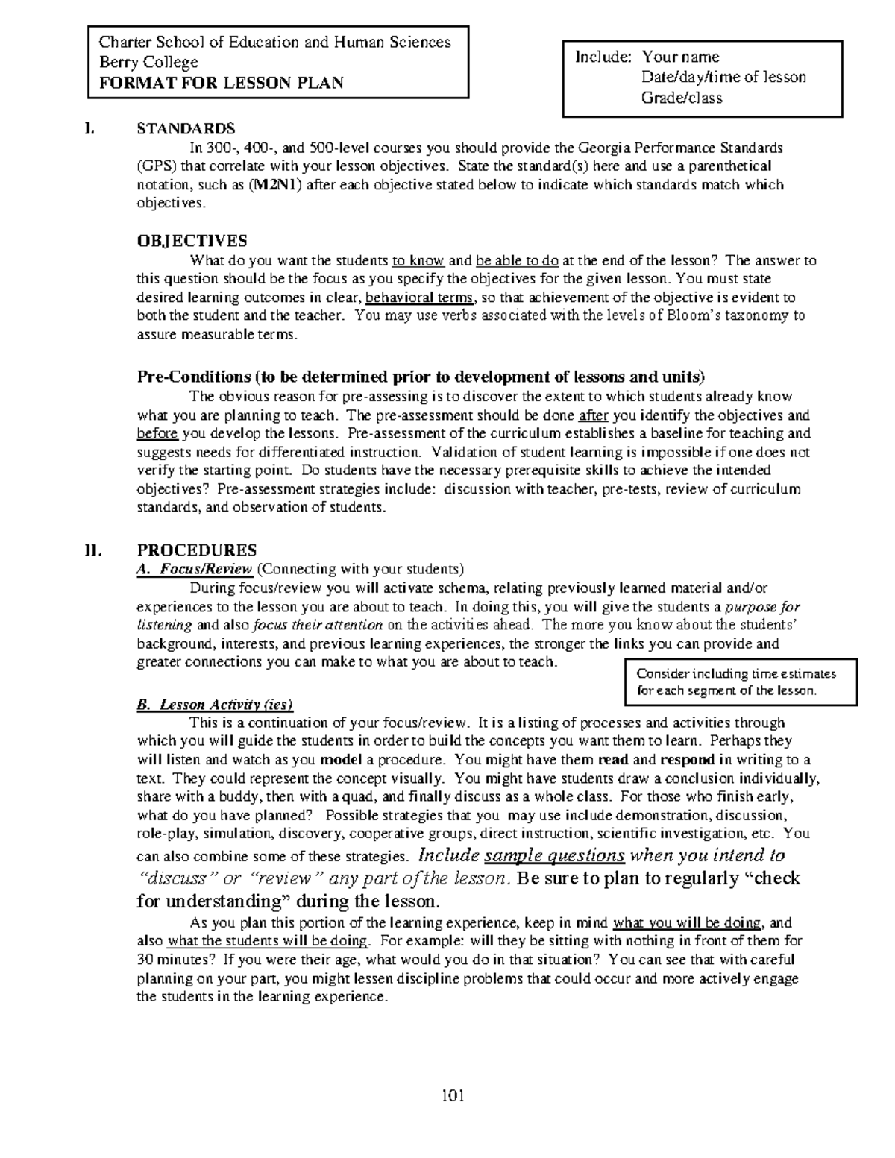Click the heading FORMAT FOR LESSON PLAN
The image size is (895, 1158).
[216, 83]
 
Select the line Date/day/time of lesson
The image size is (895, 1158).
[723, 77]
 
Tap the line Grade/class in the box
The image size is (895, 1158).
[681, 98]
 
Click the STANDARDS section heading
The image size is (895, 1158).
[185, 128]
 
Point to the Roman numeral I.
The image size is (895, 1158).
[90, 128]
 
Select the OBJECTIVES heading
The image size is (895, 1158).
[192, 241]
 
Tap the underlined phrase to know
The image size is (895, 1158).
[418, 261]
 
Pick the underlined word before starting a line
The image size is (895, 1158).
[157, 433]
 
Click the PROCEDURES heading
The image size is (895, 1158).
[197, 550]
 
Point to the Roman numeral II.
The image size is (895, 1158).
[92, 550]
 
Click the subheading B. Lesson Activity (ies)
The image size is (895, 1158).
[215, 704]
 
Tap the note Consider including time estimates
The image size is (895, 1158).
[735, 673]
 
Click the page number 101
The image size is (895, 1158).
[453, 1095]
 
